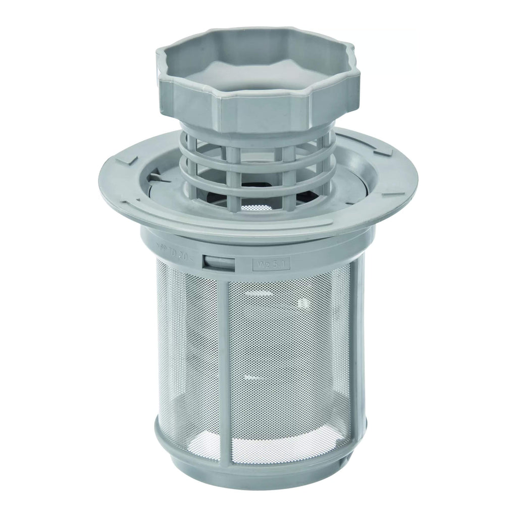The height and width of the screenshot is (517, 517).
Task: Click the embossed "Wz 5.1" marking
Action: click(271, 263)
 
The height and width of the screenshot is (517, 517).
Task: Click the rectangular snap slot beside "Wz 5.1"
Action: click(218, 262)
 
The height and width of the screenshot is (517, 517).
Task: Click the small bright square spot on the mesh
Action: click(302, 303)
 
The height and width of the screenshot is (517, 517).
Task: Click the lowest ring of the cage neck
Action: click(257, 188)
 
